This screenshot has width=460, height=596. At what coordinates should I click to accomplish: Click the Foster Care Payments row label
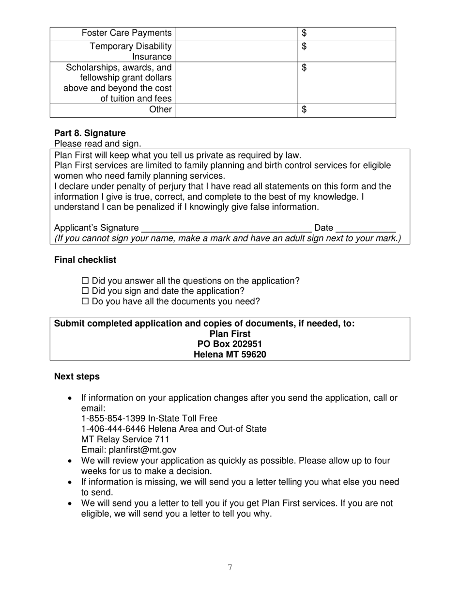(x=126, y=33)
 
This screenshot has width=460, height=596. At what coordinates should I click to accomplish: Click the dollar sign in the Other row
(x=304, y=110)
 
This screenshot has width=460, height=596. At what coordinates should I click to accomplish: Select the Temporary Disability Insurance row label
(x=131, y=51)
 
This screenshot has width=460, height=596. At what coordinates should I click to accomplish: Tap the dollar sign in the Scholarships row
(x=304, y=68)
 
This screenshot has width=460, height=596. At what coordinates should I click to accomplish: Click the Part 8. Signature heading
(x=90, y=133)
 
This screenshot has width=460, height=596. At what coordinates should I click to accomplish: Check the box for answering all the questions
(x=86, y=281)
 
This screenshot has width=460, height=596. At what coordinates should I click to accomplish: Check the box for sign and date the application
(x=86, y=291)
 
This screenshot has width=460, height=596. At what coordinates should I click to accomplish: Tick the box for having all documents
(x=86, y=301)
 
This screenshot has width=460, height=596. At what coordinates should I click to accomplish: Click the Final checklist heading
(x=85, y=260)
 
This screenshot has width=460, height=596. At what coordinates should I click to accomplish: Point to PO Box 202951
(x=230, y=344)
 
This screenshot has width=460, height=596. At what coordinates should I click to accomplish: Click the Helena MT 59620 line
(x=230, y=354)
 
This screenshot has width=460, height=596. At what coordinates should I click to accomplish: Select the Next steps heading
(x=77, y=377)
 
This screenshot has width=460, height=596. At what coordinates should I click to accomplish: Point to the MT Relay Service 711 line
(x=125, y=439)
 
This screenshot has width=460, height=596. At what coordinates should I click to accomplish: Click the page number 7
(x=230, y=567)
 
